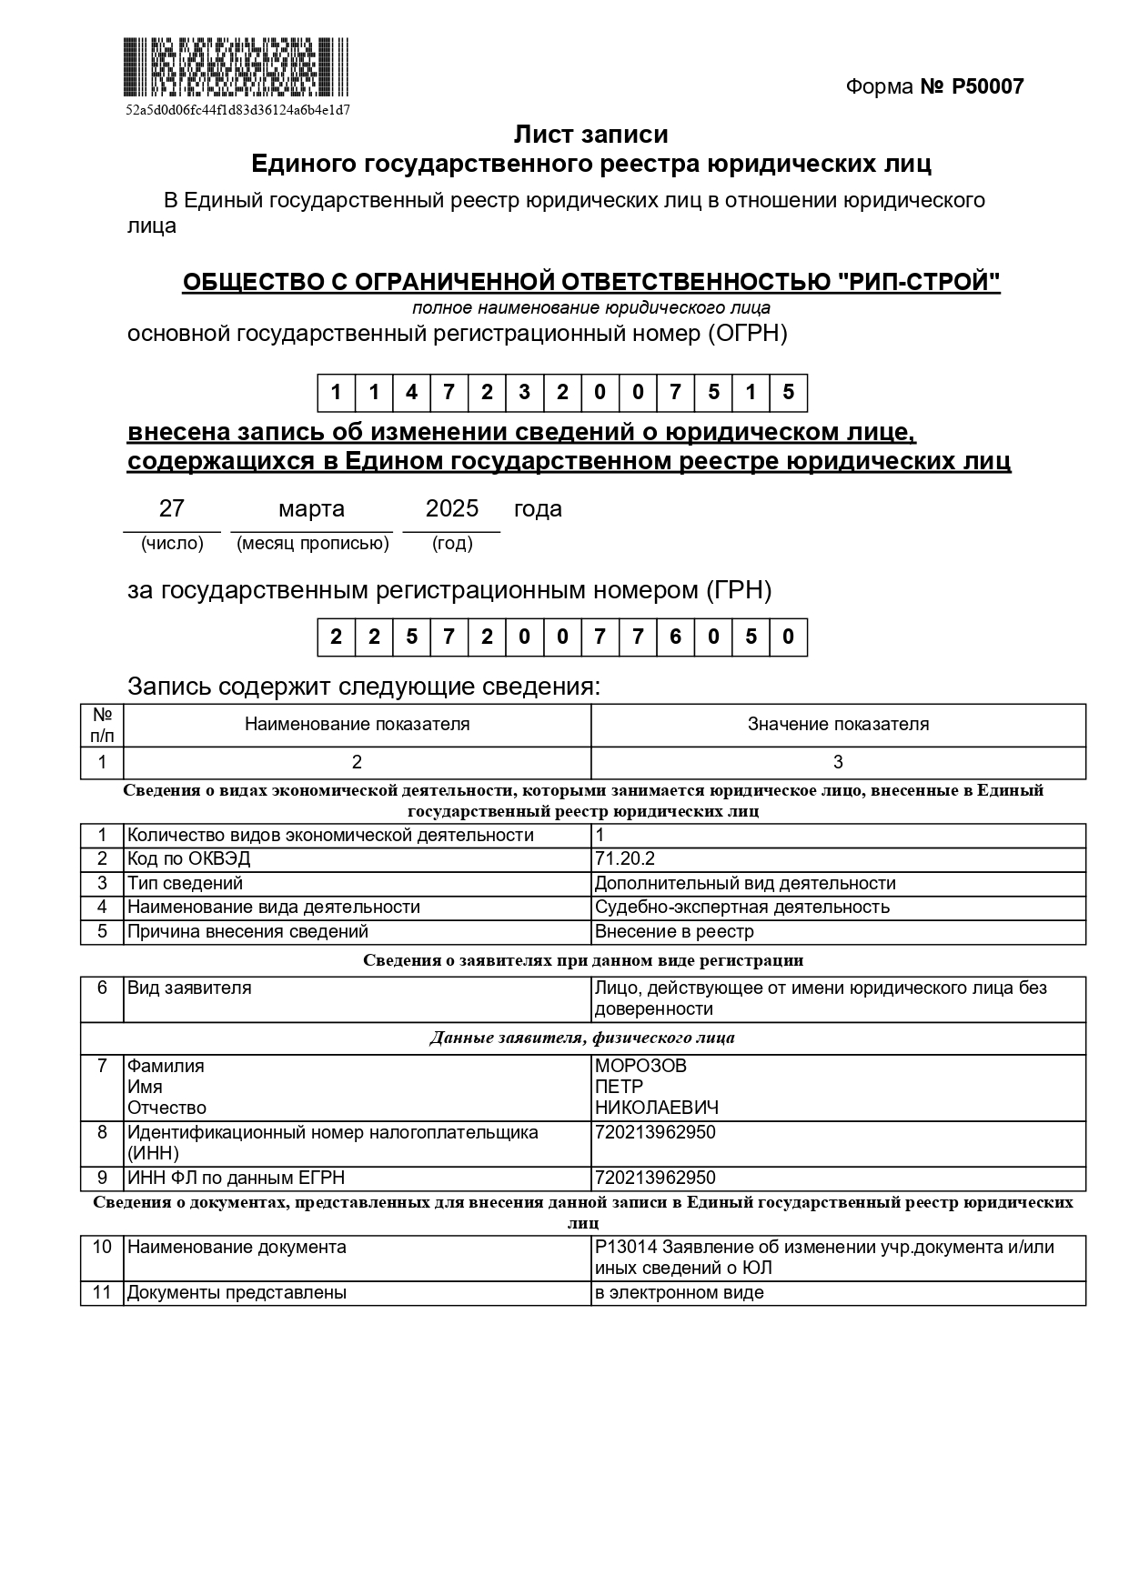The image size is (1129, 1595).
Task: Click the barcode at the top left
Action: (x=236, y=67)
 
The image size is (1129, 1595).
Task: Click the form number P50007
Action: (x=987, y=86)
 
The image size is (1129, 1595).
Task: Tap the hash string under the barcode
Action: (x=237, y=110)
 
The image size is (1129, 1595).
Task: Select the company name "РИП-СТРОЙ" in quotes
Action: (x=918, y=283)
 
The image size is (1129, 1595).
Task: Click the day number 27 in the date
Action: (x=172, y=508)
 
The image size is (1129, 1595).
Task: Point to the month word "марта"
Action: (x=311, y=508)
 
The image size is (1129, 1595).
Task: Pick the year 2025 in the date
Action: (x=452, y=508)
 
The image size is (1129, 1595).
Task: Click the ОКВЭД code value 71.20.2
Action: (x=625, y=858)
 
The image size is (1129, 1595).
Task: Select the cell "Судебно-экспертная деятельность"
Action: (x=741, y=907)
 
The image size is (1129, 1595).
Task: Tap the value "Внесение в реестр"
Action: (x=674, y=931)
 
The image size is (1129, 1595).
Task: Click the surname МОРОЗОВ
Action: (x=640, y=1066)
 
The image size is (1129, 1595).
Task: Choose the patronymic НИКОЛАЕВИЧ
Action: (x=656, y=1108)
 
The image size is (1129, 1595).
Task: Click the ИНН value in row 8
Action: (x=655, y=1132)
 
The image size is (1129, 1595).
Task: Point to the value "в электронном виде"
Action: (x=679, y=1292)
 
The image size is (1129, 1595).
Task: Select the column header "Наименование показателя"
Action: (x=357, y=724)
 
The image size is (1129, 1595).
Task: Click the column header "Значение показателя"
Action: (x=838, y=724)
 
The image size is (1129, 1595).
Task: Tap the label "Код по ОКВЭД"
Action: (x=188, y=858)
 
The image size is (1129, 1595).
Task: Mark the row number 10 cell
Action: (x=102, y=1247)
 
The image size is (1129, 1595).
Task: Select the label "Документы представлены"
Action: (x=237, y=1292)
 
